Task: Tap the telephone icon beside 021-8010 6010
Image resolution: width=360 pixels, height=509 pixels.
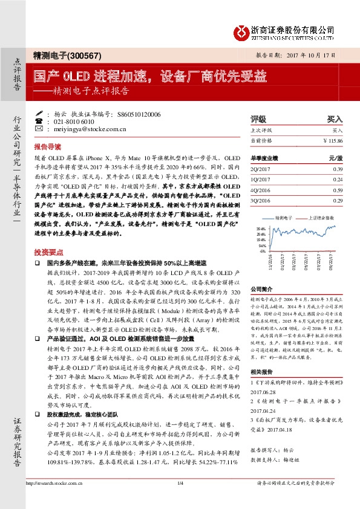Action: coord(39,121)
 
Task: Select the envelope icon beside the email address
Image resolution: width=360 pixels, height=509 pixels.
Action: coord(39,129)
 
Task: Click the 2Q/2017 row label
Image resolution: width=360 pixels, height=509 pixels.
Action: coord(261,170)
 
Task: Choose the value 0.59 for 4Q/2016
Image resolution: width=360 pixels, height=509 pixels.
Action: coord(337,189)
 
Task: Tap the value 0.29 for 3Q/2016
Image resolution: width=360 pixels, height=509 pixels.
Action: coord(337,199)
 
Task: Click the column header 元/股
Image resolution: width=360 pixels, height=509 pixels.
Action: coord(335,158)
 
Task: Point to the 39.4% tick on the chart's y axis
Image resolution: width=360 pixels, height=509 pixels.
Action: coord(261,229)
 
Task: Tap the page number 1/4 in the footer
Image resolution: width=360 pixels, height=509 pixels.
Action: coord(180,501)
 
